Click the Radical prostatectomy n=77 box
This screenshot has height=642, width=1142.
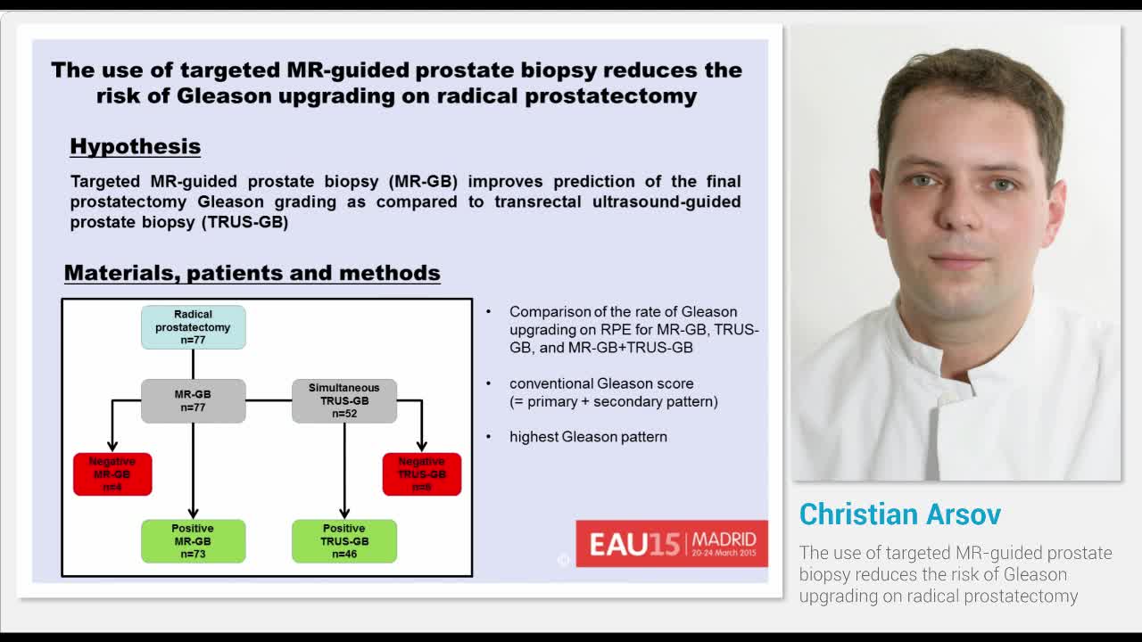click(x=193, y=327)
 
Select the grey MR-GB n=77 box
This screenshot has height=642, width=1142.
click(x=193, y=400)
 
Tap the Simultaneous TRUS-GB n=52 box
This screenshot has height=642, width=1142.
click(x=344, y=400)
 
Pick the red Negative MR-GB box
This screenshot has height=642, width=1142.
click(x=112, y=474)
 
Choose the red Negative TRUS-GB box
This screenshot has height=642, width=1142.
click(x=422, y=474)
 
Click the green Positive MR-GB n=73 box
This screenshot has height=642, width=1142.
click(x=193, y=541)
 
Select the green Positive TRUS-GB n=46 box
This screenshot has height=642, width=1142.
click(x=344, y=541)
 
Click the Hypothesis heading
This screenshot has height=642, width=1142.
click(x=135, y=146)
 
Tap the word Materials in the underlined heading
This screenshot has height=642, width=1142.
click(x=120, y=273)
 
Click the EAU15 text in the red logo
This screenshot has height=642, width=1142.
click(x=634, y=545)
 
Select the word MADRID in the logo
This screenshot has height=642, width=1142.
click(x=724, y=539)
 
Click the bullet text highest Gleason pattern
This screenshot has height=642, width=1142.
click(x=588, y=437)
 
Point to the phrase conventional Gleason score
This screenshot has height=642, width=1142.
click(x=601, y=383)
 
